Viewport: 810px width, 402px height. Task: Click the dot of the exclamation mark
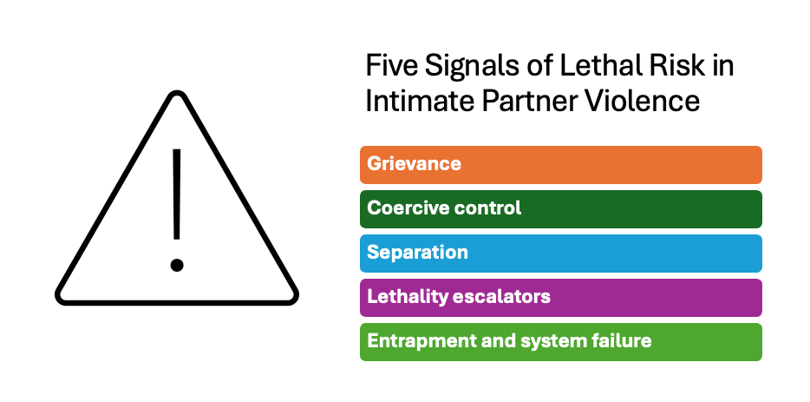[177, 264]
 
